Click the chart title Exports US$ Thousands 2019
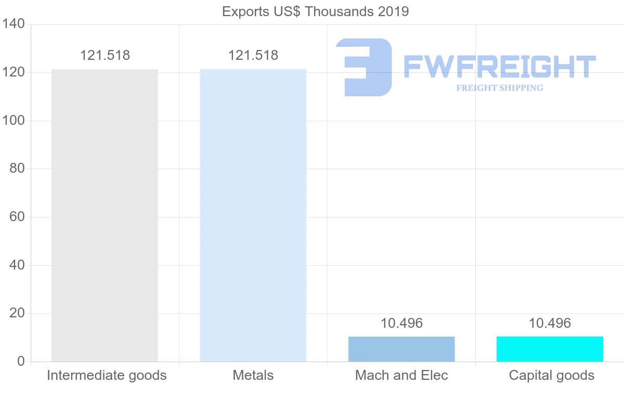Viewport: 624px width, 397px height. (315, 11)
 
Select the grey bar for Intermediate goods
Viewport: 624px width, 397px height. (105, 215)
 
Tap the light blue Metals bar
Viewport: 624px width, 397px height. (253, 215)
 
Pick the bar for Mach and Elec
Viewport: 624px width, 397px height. (401, 349)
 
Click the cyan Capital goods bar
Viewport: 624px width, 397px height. (550, 349)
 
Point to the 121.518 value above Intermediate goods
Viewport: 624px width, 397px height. (105, 55)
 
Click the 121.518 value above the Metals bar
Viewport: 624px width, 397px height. (253, 55)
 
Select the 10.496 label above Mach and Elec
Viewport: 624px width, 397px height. (401, 323)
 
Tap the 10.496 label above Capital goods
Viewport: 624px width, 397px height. (550, 323)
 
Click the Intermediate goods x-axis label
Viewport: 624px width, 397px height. (107, 375)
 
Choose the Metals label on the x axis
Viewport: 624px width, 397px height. (253, 375)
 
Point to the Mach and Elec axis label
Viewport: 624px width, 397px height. (401, 375)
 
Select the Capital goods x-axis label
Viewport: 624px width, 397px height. (551, 375)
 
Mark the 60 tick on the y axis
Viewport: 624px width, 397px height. (17, 217)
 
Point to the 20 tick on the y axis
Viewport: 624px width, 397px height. (17, 313)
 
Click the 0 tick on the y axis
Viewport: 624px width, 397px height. (21, 361)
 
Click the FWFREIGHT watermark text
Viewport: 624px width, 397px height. (499, 67)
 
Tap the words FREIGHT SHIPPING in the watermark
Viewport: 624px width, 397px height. (500, 88)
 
